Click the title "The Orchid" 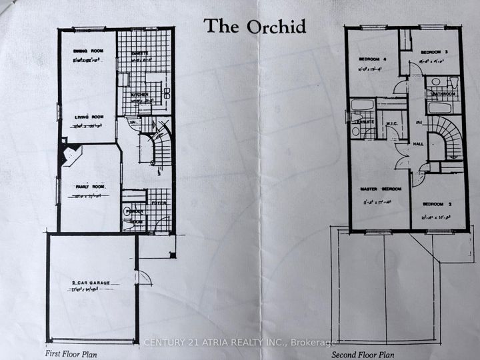click(x=255, y=26)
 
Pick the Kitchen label click(x=139, y=95)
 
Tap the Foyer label click(x=159, y=203)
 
